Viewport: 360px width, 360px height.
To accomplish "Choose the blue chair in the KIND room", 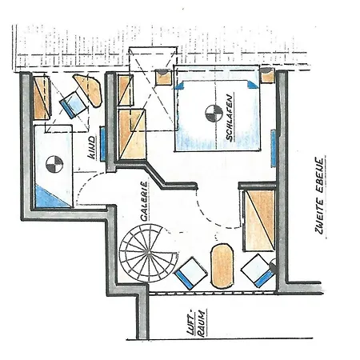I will point(74,105).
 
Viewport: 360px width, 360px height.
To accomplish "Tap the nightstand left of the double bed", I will point(165,78).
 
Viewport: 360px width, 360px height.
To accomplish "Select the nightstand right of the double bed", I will point(267,77).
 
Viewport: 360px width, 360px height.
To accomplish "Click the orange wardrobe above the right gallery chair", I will point(257,220).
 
